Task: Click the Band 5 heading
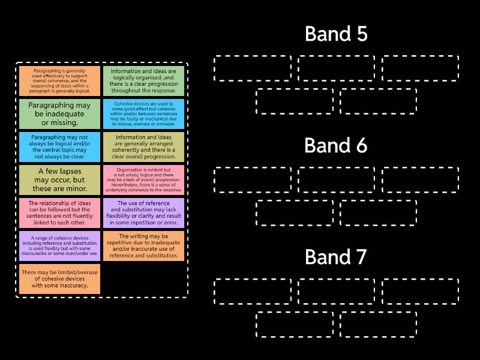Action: click(x=336, y=34)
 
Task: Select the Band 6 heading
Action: click(x=336, y=146)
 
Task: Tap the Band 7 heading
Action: click(x=336, y=257)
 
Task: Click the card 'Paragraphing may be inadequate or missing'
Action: click(x=59, y=113)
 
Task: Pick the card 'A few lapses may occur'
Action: click(x=59, y=179)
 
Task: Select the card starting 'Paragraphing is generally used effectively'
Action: click(x=59, y=80)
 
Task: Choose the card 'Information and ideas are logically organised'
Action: click(x=143, y=80)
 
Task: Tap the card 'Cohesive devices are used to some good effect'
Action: click(x=143, y=113)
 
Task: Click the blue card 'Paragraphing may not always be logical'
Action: click(x=59, y=146)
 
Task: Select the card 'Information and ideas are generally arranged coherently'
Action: click(x=143, y=146)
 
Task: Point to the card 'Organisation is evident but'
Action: click(x=143, y=179)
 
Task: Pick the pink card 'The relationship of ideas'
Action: click(x=59, y=212)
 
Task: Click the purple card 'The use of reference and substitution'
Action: click(x=143, y=212)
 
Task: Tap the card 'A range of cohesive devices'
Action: click(x=59, y=245)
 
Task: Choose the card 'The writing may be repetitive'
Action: click(x=143, y=245)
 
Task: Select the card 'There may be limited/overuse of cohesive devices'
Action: click(x=59, y=278)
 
